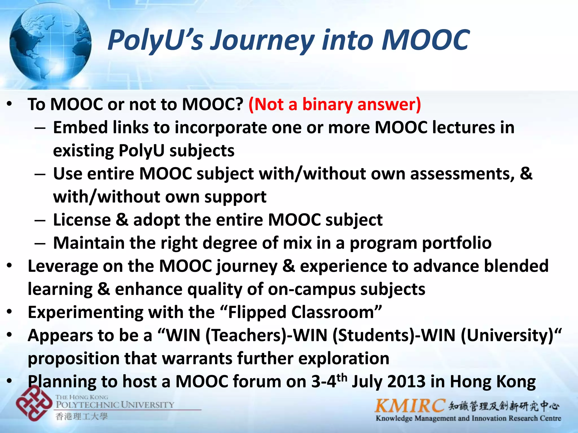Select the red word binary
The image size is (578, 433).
pos(327,104)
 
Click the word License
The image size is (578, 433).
pos(82,220)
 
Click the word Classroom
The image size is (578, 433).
pos(333,312)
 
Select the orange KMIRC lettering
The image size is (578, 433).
pos(410,406)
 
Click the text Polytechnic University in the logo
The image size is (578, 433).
pos(115,405)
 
